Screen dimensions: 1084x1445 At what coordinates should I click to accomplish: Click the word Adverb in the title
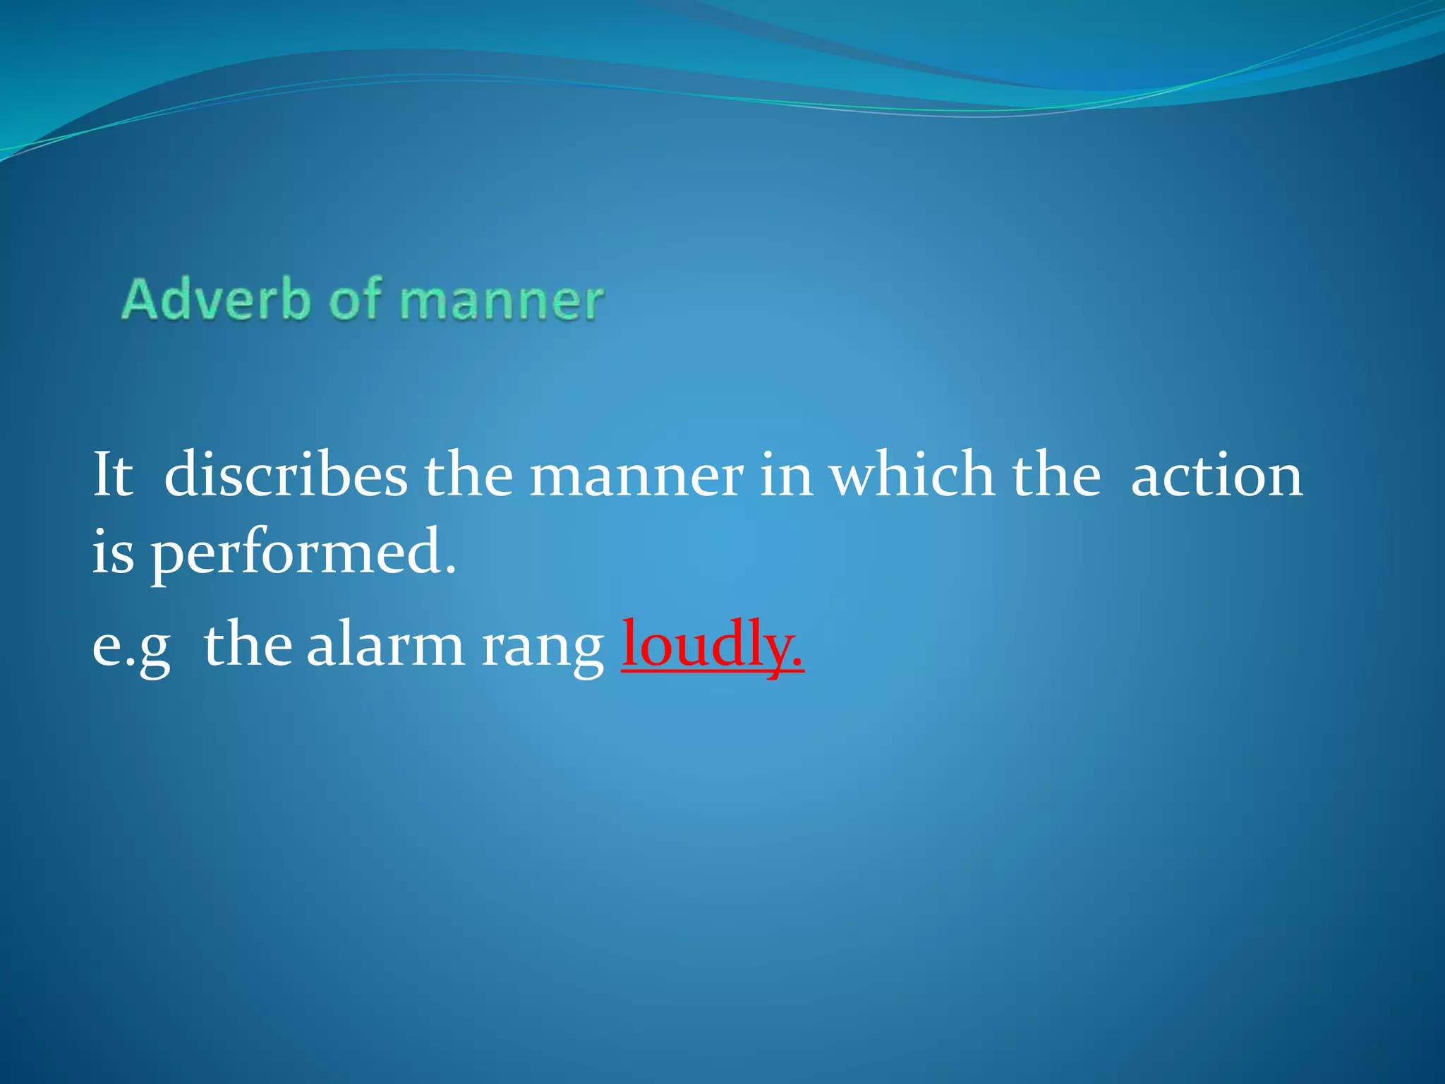click(215, 299)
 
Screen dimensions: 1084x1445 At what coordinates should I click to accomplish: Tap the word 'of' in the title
click(356, 299)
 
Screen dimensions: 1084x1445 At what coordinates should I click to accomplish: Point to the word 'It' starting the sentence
click(113, 475)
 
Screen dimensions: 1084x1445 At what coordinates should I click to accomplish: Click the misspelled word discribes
click(286, 475)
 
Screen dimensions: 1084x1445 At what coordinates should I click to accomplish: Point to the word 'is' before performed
click(113, 552)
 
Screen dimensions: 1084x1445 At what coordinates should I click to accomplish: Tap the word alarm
click(385, 645)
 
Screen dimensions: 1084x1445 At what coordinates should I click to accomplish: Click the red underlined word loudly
click(711, 645)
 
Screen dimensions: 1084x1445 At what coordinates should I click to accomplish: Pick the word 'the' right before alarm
click(248, 645)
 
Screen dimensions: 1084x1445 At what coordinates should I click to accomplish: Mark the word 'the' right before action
click(1056, 475)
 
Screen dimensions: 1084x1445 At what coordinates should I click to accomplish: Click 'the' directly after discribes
click(468, 475)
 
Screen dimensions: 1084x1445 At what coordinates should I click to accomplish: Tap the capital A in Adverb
click(139, 299)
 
